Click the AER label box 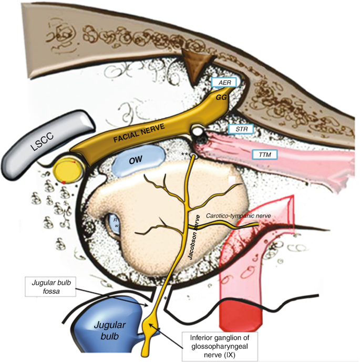click(224, 82)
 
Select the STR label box click(242, 129)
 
